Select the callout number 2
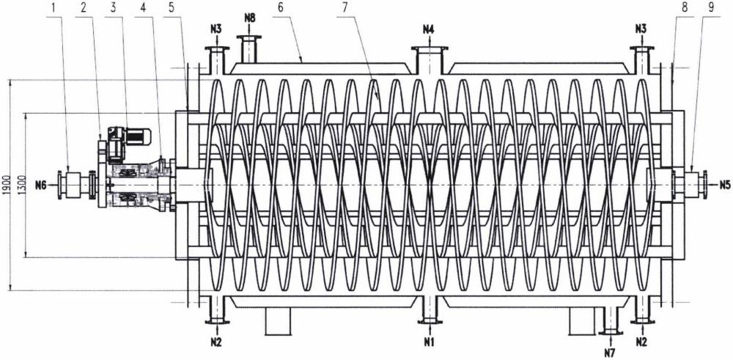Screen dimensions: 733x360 pos(86,8)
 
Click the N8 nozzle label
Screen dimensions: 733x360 pos(250,19)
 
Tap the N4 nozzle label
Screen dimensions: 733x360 pos(429,29)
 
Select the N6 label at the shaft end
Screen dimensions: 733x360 pos(40,185)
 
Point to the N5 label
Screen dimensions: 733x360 pos(724,185)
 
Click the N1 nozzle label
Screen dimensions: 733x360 pos(429,342)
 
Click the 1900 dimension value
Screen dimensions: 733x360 pos(6,185)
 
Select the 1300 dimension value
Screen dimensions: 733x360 pos(20,185)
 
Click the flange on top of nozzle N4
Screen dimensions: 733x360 pos(429,48)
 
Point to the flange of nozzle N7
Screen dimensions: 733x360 pos(610,332)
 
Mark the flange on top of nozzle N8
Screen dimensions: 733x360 pos(250,37)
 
